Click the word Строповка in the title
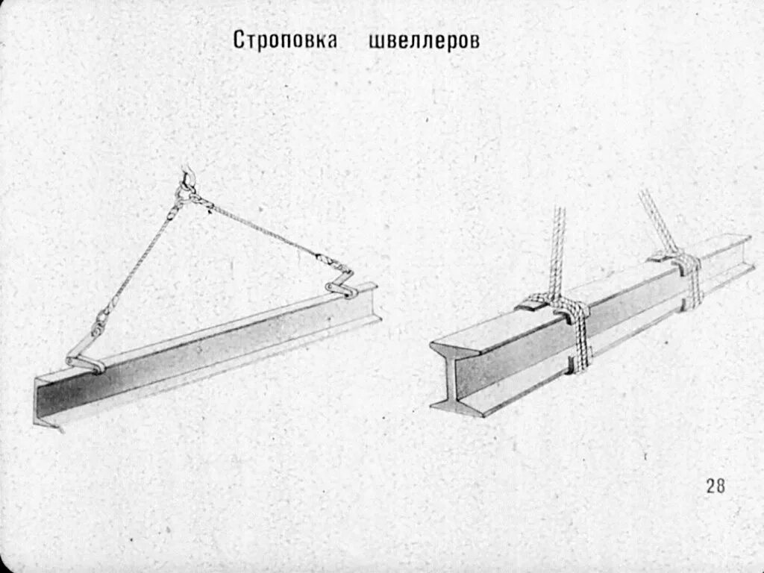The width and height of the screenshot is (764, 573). (284, 40)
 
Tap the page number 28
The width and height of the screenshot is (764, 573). (715, 486)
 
